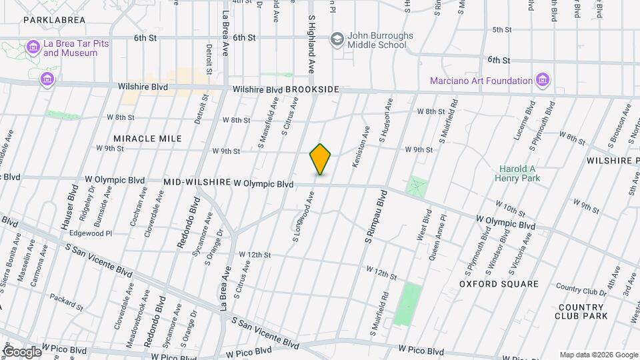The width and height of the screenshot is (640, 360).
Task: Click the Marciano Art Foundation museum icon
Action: (543, 81)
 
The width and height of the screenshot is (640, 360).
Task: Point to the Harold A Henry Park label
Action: (518, 173)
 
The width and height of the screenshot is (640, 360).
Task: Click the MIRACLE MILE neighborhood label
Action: (147, 139)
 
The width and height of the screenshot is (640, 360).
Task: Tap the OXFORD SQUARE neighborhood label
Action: (499, 284)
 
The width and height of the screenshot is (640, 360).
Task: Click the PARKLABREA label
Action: (54, 20)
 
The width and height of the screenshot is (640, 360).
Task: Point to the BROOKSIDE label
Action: (312, 89)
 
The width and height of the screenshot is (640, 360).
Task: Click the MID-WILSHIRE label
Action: (197, 182)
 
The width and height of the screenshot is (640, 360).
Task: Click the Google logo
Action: (22, 351)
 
